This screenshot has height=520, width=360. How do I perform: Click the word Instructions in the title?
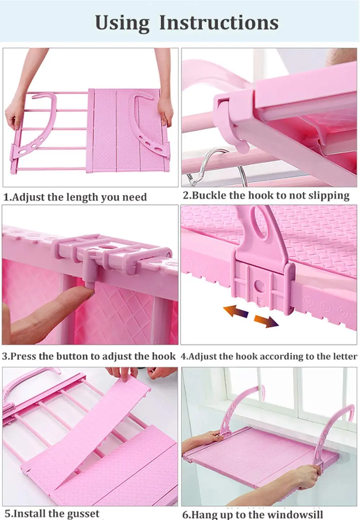point(219,23)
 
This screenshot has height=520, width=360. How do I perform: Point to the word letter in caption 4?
point(344,356)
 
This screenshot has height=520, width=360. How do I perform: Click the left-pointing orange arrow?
point(235,311)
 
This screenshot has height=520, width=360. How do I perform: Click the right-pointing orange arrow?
point(266,321)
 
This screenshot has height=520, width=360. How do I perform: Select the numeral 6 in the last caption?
point(186,514)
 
